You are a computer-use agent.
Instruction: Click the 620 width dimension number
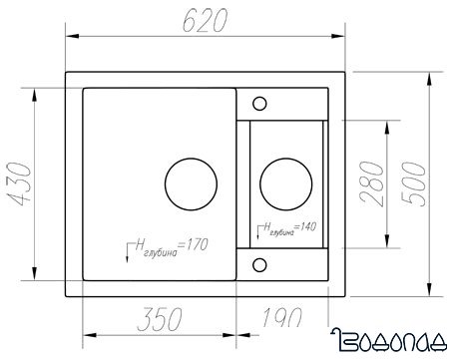coord(206,20)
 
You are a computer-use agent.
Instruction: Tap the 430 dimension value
coord(20,183)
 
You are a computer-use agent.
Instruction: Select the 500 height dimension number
coord(413,183)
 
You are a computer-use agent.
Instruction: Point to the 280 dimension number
coord(372,183)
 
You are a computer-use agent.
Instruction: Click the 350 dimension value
coord(160,319)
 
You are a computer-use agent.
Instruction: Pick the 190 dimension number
coord(282,317)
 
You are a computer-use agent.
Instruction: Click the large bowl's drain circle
coord(191,184)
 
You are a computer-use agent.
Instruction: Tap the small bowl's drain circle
coord(286,184)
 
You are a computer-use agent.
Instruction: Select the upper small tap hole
coord(259,104)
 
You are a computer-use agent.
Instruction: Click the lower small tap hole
coord(259,265)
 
